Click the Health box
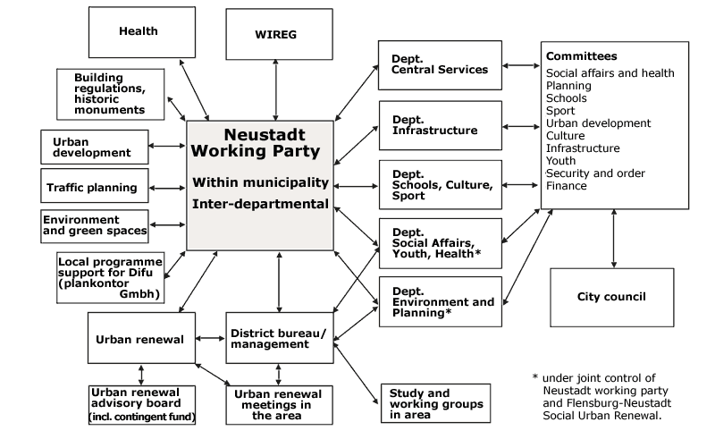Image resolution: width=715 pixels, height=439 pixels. click(x=142, y=32)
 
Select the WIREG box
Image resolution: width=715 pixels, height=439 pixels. click(x=279, y=34)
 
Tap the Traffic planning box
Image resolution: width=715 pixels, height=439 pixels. click(x=95, y=186)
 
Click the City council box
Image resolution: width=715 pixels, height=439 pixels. click(x=612, y=298)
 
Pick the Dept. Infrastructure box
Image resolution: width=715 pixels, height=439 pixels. click(x=441, y=125)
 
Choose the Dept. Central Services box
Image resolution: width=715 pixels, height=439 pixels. click(x=440, y=65)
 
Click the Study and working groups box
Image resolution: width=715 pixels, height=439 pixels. click(x=435, y=403)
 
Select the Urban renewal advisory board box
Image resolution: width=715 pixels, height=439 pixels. click(x=142, y=405)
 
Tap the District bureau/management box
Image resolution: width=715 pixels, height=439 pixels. click(x=280, y=338)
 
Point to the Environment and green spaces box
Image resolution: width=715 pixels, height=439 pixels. click(x=95, y=226)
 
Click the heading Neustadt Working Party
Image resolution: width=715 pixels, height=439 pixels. click(x=256, y=143)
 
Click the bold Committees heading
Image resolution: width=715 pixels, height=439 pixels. click(x=582, y=56)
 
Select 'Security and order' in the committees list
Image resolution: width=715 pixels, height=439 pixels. click(x=595, y=173)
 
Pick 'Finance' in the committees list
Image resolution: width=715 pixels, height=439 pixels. click(x=567, y=186)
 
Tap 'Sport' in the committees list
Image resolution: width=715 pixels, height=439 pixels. click(x=560, y=111)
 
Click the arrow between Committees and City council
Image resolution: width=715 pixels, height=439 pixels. click(x=614, y=239)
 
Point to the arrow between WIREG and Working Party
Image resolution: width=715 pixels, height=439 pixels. click(x=275, y=90)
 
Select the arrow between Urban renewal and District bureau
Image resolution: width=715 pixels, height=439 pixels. click(x=210, y=338)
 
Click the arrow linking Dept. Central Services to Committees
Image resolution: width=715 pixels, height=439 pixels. click(x=521, y=65)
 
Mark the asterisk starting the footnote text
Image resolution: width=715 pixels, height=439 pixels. click(x=535, y=377)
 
